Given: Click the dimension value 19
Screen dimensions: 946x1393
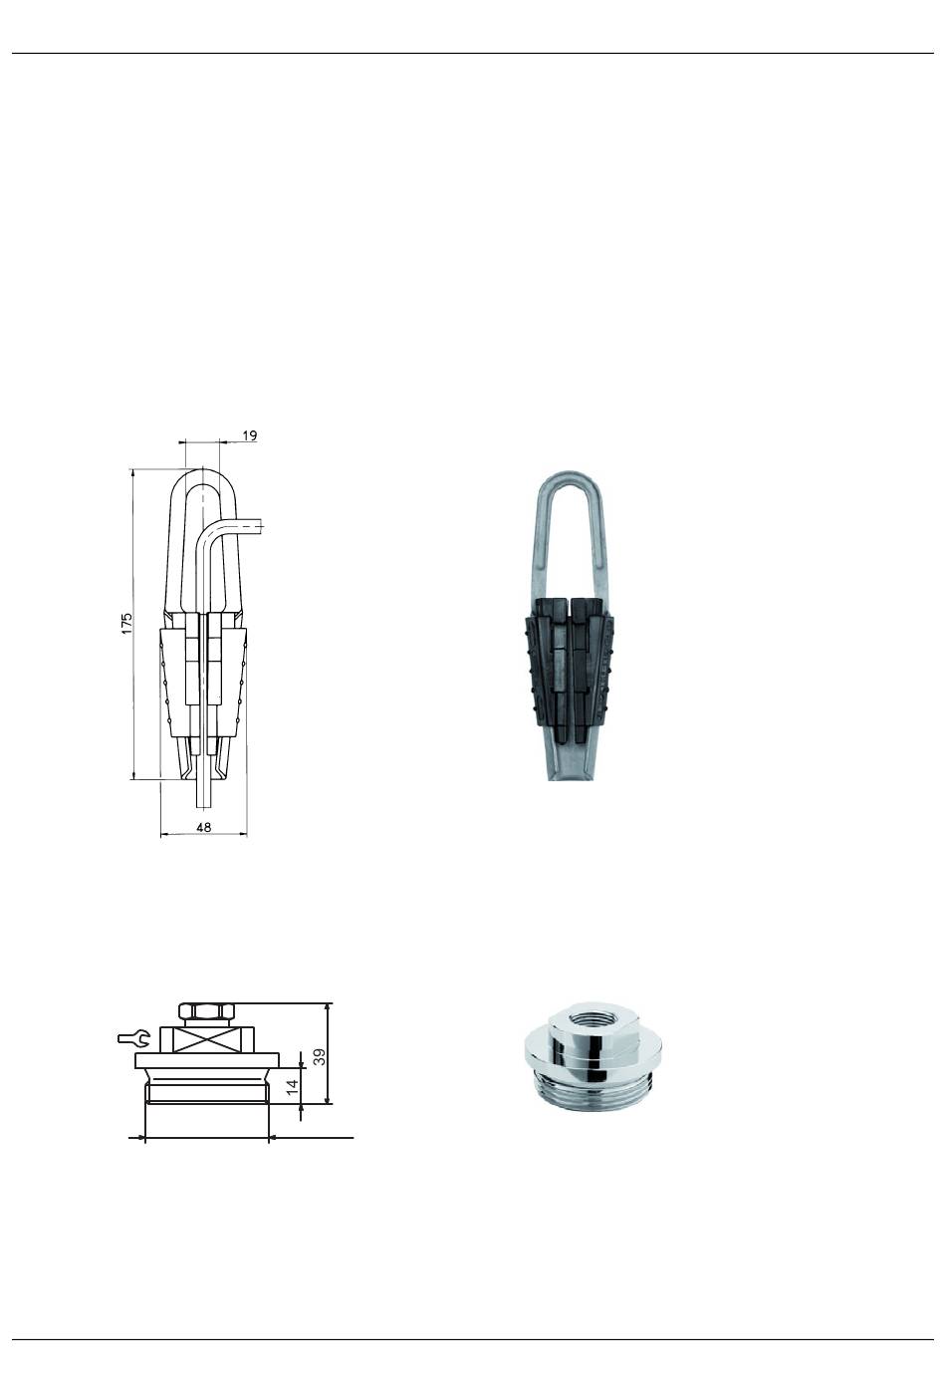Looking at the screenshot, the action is (249, 435).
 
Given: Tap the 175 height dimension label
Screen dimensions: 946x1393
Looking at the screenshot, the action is (127, 623).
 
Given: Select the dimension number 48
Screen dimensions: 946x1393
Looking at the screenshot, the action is (203, 827).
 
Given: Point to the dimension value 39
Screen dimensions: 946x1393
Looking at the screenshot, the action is (319, 1056).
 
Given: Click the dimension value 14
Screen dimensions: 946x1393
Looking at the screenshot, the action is (292, 1087).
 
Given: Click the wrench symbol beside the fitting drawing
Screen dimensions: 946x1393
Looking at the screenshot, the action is (133, 1037).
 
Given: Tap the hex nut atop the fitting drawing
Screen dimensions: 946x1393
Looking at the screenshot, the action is (206, 1011).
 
